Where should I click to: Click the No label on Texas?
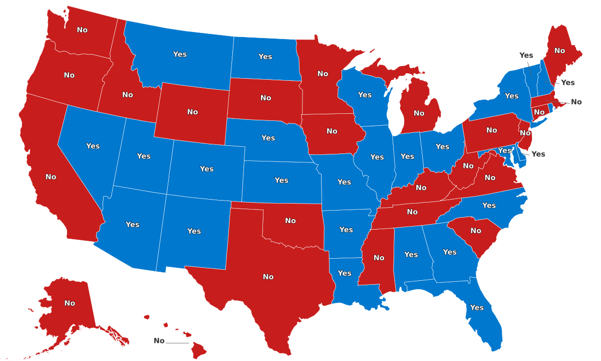click(268, 277)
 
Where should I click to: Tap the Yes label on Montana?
click(180, 54)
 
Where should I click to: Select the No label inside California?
click(51, 177)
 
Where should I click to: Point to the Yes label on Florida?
click(477, 307)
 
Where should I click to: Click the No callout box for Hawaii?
click(159, 341)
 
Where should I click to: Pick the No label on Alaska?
click(70, 303)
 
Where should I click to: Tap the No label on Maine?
click(559, 51)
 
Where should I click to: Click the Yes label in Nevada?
click(93, 146)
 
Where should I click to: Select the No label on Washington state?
click(82, 30)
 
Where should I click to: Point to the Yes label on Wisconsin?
click(365, 95)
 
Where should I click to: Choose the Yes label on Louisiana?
click(345, 273)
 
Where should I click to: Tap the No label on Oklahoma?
click(290, 221)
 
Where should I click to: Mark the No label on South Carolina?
click(475, 231)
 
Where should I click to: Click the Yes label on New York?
click(511, 96)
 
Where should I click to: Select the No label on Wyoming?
click(192, 112)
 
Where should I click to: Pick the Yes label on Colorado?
click(207, 169)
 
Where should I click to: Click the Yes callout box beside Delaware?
click(538, 154)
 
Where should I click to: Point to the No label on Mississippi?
click(379, 258)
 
